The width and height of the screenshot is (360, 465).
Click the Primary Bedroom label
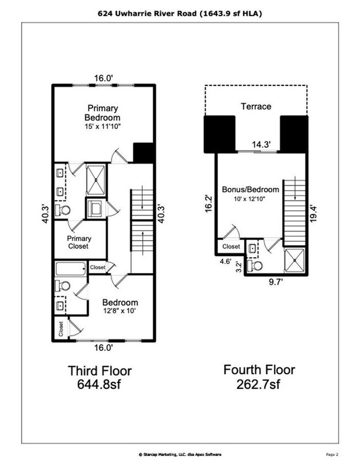click(103, 113)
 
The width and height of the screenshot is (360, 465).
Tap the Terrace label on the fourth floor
click(256, 106)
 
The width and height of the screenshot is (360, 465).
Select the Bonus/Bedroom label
click(250, 190)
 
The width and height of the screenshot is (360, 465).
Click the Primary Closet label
click(79, 242)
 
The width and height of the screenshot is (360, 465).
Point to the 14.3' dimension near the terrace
click(261, 144)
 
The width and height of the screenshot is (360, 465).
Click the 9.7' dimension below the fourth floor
click(276, 282)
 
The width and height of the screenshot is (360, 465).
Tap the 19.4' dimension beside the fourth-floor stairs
click(314, 214)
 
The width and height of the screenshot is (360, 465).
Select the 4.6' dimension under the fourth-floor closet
click(225, 262)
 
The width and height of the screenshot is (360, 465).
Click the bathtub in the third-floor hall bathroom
click(71, 269)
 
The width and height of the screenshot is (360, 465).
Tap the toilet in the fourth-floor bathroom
click(255, 266)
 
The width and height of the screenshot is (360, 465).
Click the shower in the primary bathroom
click(95, 180)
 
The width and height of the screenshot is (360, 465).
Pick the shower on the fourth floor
click(294, 260)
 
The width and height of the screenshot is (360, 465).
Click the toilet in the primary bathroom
click(63, 210)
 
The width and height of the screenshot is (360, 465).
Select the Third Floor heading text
click(100, 371)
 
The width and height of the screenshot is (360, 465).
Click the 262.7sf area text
click(258, 385)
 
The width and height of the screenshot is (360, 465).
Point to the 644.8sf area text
click(99, 385)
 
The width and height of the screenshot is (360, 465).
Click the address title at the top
click(180, 14)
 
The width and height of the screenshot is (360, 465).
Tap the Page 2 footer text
click(332, 455)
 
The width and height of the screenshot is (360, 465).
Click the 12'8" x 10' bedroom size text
click(119, 311)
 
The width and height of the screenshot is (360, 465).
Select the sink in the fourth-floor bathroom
click(252, 248)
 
